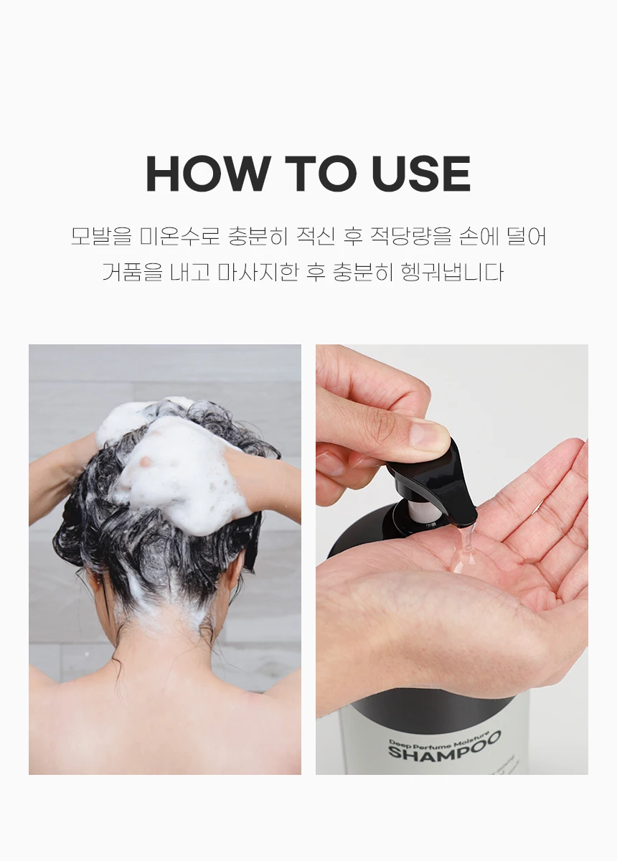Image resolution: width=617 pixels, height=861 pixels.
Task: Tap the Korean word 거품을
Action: [133, 272]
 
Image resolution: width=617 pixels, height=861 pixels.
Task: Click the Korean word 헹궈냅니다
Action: [451, 272]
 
